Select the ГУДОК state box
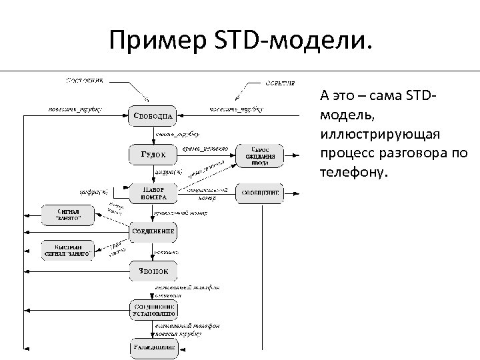153,155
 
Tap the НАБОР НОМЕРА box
153,193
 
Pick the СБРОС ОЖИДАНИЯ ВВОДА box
260,155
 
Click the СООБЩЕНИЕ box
260,193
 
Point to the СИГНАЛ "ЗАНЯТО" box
65,214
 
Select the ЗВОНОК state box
153,270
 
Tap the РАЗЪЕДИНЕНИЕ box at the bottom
153,347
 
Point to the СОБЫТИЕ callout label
283,83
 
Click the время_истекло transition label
205,147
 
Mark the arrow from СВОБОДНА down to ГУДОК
153,135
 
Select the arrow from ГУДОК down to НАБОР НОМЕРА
153,173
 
